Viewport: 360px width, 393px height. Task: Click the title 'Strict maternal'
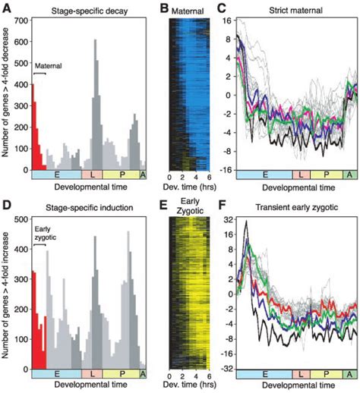pyautogui.click(x=295, y=9)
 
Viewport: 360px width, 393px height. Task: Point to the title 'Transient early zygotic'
pyautogui.click(x=296, y=206)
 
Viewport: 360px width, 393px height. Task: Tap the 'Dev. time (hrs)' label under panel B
pyautogui.click(x=188, y=187)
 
